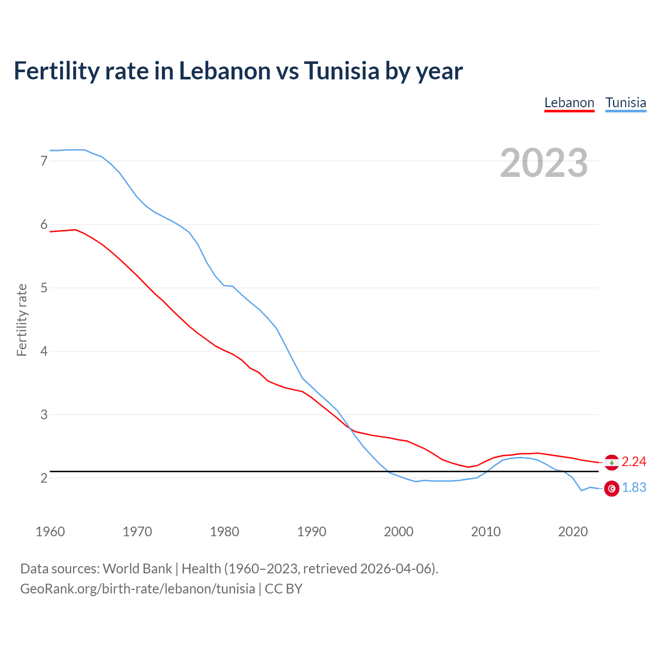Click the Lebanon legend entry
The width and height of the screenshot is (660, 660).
(569, 103)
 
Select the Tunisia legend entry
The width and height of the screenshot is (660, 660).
(625, 103)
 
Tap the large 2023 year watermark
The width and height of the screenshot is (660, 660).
(544, 163)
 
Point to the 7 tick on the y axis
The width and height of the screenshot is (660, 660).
(44, 161)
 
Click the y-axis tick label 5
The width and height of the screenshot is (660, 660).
(44, 288)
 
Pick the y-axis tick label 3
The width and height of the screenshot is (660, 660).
(44, 415)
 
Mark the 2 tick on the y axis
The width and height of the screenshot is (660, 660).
(44, 478)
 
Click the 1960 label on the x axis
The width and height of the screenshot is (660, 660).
(50, 532)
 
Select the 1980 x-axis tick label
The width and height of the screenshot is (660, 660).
(224, 532)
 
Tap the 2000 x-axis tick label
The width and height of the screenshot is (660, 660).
(399, 532)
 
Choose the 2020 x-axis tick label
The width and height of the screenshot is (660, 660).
(573, 532)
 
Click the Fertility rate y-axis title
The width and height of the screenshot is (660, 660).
(22, 320)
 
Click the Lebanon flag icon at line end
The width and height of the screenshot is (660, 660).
(612, 462)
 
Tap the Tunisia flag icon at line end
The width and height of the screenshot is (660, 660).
(612, 488)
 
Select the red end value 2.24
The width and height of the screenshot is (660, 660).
(634, 462)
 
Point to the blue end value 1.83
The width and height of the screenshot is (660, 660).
(634, 488)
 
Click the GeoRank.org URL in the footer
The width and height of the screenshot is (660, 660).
(137, 589)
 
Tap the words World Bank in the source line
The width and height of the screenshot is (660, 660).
(137, 569)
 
